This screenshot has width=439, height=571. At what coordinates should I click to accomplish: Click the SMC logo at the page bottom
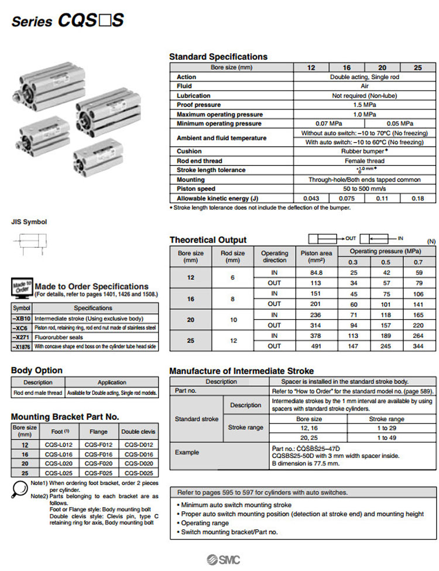pyautogui.click(x=223, y=558)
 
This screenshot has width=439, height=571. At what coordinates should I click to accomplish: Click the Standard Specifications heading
pyautogui.click(x=218, y=57)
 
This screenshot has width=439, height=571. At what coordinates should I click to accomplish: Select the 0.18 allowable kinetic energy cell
pyautogui.click(x=417, y=199)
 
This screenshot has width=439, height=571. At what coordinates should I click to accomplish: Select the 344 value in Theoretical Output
pyautogui.click(x=417, y=346)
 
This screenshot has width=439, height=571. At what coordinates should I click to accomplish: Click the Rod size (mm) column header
pyautogui.click(x=233, y=256)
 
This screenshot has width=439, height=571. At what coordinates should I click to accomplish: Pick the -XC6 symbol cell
pyautogui.click(x=22, y=327)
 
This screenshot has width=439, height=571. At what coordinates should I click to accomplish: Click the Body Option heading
pyautogui.click(x=37, y=370)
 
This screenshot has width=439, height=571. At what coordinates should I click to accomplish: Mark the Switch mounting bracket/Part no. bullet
pyautogui.click(x=229, y=532)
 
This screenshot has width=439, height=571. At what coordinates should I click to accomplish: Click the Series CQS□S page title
pyautogui.click(x=68, y=21)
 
